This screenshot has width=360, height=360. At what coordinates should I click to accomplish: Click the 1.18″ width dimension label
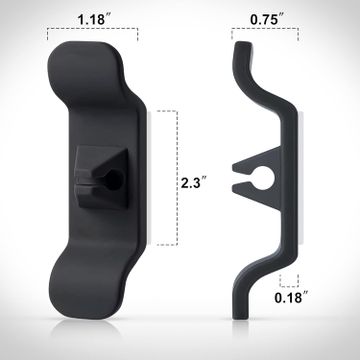click(92, 19)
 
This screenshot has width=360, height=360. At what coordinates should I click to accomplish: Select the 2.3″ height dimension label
click(193, 183)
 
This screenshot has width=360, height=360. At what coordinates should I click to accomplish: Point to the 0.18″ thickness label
click(291, 297)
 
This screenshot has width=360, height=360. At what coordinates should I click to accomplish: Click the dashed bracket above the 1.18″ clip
click(92, 29)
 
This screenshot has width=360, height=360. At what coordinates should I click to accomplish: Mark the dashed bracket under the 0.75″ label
click(265, 29)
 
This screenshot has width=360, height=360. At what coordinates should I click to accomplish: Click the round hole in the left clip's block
click(113, 181)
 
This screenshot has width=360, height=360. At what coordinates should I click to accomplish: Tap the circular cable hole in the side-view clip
click(263, 178)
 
